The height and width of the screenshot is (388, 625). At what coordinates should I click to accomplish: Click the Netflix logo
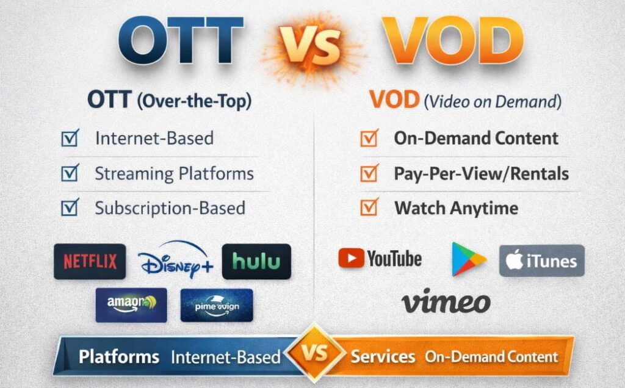click(x=90, y=262)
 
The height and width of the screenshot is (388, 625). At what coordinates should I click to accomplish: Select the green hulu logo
click(x=256, y=262)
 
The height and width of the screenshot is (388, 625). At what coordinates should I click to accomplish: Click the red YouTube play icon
click(x=351, y=258)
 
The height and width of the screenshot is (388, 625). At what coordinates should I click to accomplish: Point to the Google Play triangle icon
click(x=468, y=259)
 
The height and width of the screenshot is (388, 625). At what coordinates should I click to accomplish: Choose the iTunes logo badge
click(x=541, y=261)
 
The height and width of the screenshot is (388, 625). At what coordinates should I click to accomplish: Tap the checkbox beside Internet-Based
click(x=70, y=138)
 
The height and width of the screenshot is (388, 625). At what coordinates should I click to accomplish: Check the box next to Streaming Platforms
click(x=70, y=173)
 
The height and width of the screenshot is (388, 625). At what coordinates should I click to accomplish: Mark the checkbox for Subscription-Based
click(x=70, y=208)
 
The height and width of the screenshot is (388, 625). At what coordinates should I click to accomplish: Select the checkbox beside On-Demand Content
click(x=369, y=138)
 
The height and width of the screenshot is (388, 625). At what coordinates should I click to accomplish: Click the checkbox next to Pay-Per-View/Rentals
click(x=369, y=174)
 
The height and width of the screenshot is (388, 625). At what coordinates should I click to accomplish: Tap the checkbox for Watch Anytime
click(x=369, y=208)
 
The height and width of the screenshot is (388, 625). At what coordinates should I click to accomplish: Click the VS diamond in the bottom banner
click(x=313, y=354)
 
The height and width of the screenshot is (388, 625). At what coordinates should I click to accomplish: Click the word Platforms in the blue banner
click(x=119, y=357)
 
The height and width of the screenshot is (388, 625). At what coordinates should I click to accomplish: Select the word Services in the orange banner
click(x=383, y=357)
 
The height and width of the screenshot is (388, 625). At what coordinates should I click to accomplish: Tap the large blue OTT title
click(x=181, y=43)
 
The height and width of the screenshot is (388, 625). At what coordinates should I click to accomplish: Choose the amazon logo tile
click(x=131, y=304)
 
